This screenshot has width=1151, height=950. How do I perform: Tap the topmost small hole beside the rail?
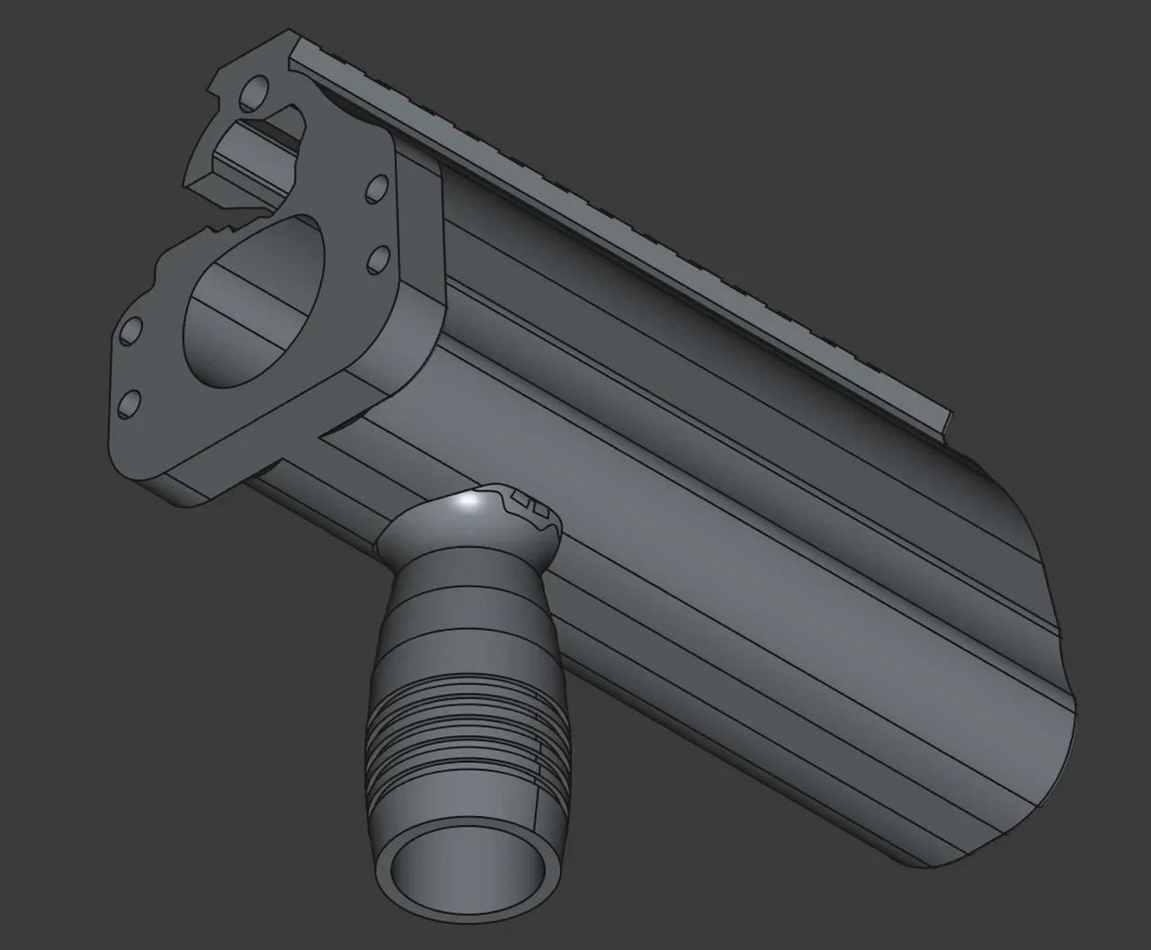(254, 90)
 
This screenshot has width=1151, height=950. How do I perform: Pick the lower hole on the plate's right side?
(377, 257)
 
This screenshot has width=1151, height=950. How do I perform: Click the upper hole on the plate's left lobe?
(131, 331)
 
